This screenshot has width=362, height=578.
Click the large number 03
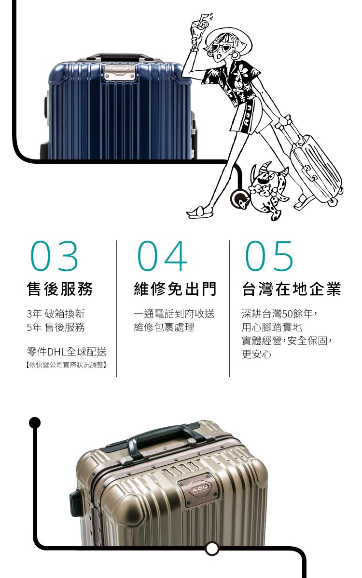pyautogui.click(x=54, y=256)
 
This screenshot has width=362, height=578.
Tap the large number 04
pyautogui.click(x=162, y=256)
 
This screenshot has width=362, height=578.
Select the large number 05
pyautogui.click(x=269, y=256)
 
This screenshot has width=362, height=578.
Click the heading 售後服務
pyautogui.click(x=60, y=289)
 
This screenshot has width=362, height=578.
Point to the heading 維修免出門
pyautogui.click(x=175, y=289)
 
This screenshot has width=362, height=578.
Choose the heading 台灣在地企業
pyautogui.click(x=292, y=289)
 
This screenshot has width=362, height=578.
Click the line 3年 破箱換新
pyautogui.click(x=56, y=314)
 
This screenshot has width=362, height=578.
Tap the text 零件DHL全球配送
pyautogui.click(x=67, y=352)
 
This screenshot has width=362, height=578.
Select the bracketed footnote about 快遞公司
pyautogui.click(x=66, y=364)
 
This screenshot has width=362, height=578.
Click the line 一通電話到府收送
pyautogui.click(x=174, y=314)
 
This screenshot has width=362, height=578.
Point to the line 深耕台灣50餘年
pyautogui.click(x=279, y=314)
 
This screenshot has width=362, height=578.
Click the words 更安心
pyautogui.click(x=256, y=355)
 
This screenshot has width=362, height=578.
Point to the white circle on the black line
pyautogui.click(x=211, y=548)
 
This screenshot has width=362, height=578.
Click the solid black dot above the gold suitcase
pyautogui.click(x=34, y=422)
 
